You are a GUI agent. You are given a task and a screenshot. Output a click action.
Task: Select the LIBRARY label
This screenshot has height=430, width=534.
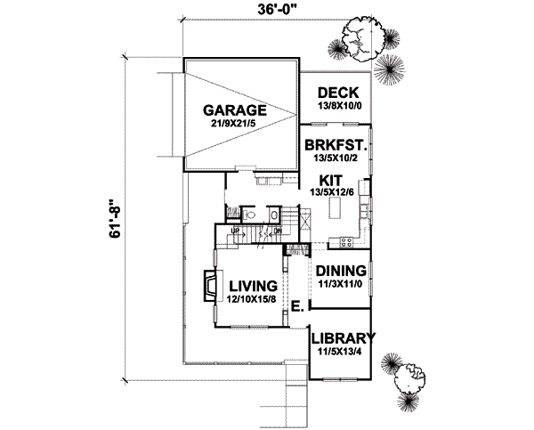(342, 338)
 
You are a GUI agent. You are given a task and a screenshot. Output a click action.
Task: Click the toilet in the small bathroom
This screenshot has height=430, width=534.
(251, 215)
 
